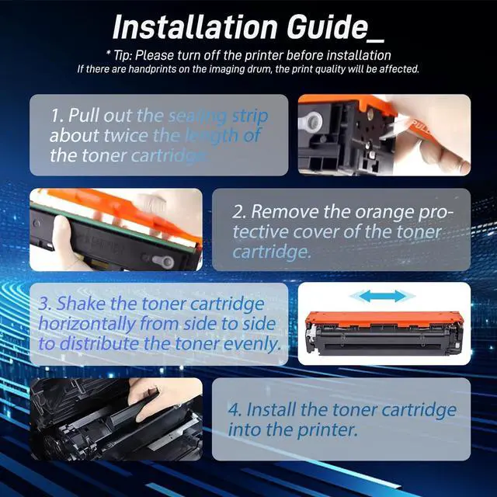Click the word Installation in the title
[x=195, y=27]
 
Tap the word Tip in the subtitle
[x=121, y=56]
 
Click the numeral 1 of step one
[x=57, y=115]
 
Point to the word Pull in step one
[x=83, y=115]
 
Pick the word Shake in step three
[x=81, y=303]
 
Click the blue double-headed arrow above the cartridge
[x=382, y=296]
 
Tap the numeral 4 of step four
[x=235, y=409]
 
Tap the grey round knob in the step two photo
[x=163, y=262]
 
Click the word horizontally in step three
[x=86, y=324]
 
